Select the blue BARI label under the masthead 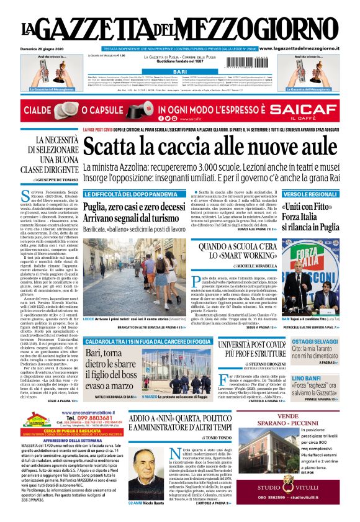click(179, 73)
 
